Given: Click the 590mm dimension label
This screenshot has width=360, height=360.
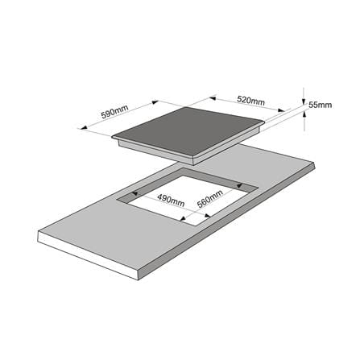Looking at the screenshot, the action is [115, 111].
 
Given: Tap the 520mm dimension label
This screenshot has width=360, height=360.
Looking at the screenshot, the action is [251, 101].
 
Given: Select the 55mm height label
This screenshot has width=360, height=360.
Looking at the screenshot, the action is [320, 105].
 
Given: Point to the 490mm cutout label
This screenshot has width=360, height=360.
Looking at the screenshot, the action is [171, 201].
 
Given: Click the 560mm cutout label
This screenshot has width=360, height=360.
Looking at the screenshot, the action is [210, 199].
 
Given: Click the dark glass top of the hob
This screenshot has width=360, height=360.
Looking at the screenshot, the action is [188, 130].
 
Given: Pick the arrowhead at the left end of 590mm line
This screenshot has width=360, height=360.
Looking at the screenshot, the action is [84, 127].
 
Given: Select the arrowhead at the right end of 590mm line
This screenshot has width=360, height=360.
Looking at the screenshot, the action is [155, 102].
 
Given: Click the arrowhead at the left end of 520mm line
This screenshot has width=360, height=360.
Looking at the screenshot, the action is [213, 98].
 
